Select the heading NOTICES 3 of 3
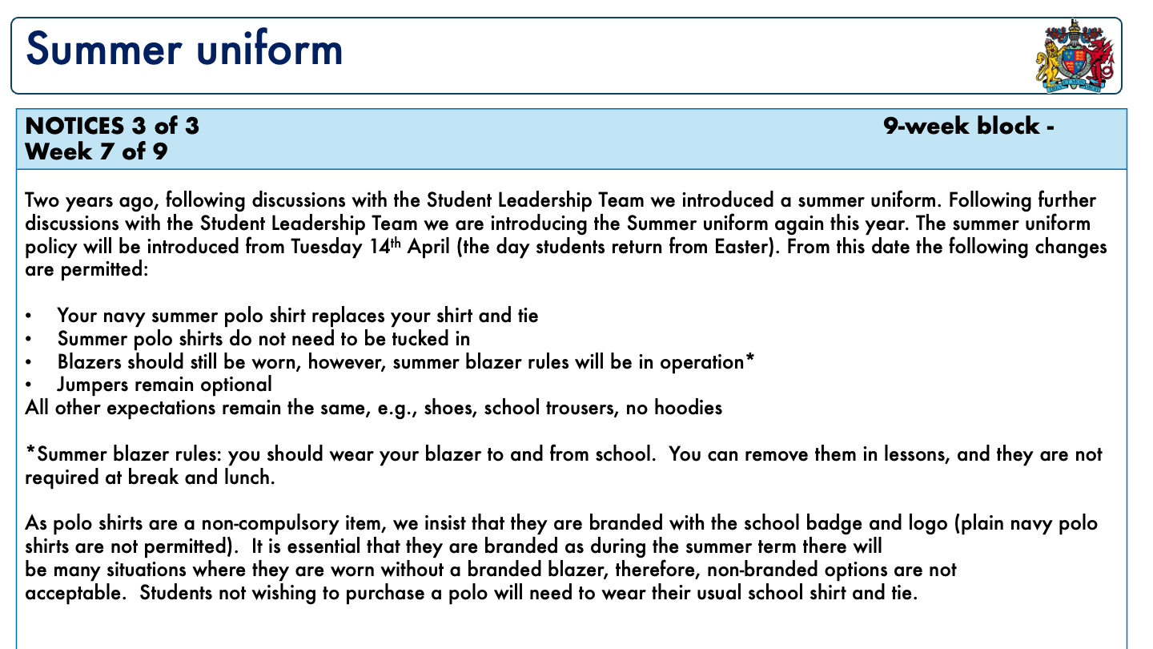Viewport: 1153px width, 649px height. [113, 127]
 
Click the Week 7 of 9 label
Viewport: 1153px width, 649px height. [97, 151]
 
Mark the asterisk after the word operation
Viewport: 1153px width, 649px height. [749, 360]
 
